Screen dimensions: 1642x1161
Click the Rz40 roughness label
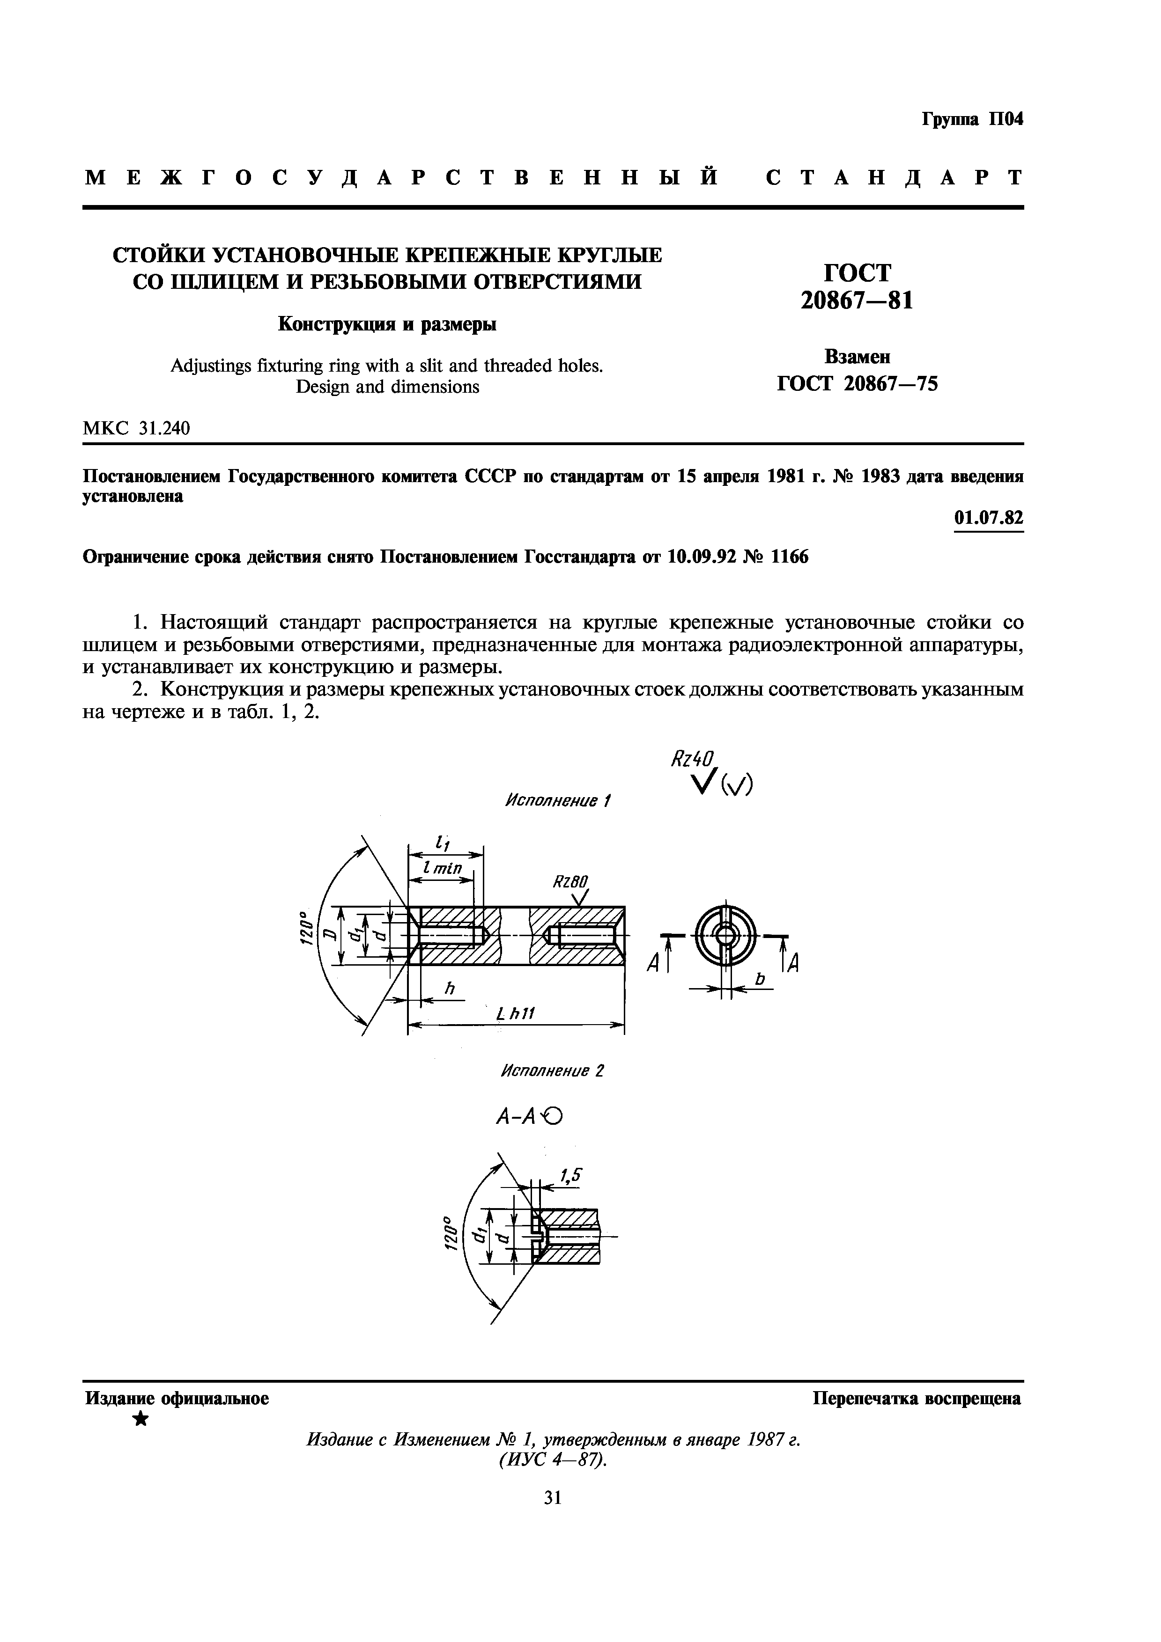693,759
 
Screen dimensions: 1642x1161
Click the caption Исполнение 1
558,800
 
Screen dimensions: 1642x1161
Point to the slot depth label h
449,989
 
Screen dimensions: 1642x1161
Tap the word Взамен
857,356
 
